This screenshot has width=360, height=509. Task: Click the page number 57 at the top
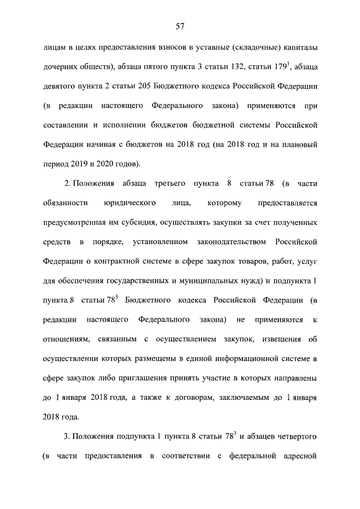click(x=180, y=25)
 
